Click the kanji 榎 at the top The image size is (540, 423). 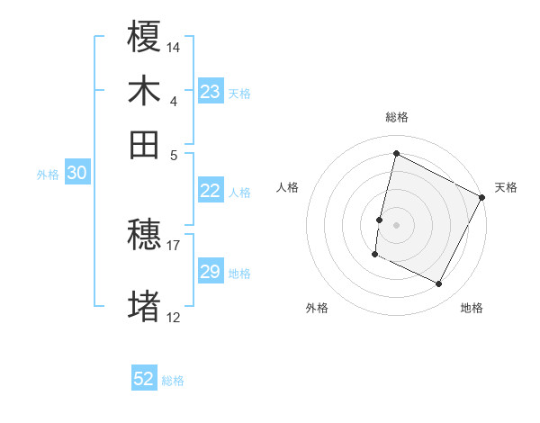click(x=145, y=38)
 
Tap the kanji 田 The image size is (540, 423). click(x=145, y=143)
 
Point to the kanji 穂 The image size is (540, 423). click(x=145, y=235)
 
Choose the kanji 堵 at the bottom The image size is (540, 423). click(x=145, y=306)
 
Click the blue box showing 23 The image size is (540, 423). click(x=211, y=92)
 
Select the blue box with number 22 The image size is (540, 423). click(x=210, y=191)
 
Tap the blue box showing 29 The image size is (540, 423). click(x=210, y=272)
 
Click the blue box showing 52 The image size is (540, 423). click(x=144, y=379)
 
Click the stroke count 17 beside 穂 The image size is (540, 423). click(x=174, y=244)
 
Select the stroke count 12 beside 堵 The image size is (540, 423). click(x=174, y=316)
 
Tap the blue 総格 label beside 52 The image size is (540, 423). click(x=173, y=381)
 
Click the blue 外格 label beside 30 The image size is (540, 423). click(x=48, y=175)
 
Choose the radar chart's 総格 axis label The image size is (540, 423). click(x=397, y=117)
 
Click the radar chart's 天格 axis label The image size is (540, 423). click(x=506, y=187)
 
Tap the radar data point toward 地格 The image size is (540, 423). click(x=439, y=284)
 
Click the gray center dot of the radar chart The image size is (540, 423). click(x=397, y=223)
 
